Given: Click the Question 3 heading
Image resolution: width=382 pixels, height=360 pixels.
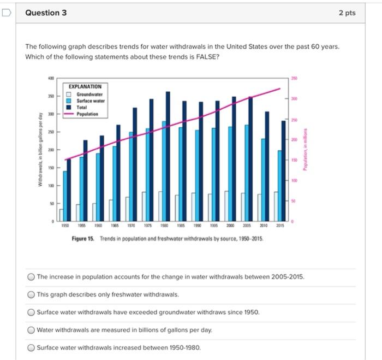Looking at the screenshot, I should pyautogui.click(x=46, y=13).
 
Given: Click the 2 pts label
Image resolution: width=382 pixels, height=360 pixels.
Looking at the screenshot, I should pyautogui.click(x=347, y=13).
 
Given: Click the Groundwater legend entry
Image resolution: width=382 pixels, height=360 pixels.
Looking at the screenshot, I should pyautogui.click(x=91, y=94).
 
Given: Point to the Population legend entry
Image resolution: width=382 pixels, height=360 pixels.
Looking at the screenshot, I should pyautogui.click(x=87, y=114).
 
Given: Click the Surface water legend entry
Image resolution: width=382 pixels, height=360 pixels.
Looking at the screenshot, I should pyautogui.click(x=91, y=101).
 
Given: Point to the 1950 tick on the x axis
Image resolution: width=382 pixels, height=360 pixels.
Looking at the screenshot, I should pyautogui.click(x=65, y=225).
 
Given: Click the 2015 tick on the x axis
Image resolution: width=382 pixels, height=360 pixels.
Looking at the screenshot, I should pyautogui.click(x=280, y=225).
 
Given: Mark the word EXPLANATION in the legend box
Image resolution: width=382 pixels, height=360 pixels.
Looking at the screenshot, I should pyautogui.click(x=86, y=86).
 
